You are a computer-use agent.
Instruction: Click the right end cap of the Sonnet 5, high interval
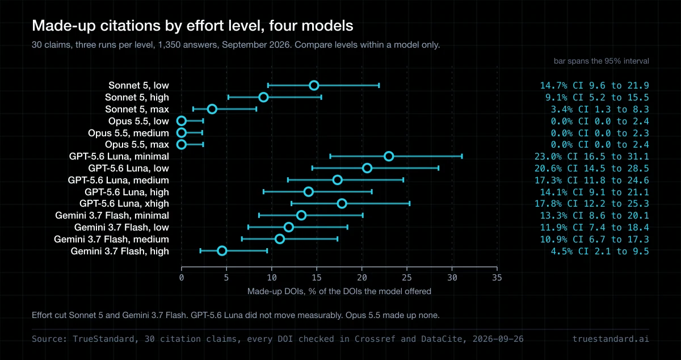pos(321,97)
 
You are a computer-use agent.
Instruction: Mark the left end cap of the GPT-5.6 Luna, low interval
pos(312,168)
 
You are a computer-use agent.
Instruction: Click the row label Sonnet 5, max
pos(137,109)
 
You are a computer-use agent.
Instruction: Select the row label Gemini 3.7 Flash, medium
pos(111,239)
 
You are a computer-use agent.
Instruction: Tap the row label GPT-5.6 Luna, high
pos(127,192)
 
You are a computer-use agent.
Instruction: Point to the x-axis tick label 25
pos(407,278)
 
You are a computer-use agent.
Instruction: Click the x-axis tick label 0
pos(182,278)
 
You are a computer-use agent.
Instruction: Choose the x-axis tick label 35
pos(497,278)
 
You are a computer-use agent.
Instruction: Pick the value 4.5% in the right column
pos(562,252)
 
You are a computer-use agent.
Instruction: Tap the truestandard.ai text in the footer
pos(611,339)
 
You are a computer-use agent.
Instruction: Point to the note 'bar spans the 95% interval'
pos(602,61)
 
